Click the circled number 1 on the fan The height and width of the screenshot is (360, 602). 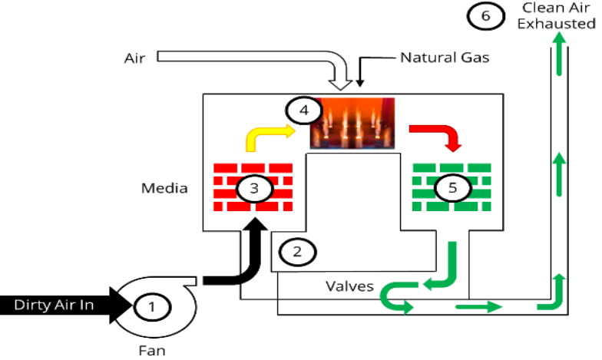(151, 307)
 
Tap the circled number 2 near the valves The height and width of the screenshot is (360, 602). (292, 250)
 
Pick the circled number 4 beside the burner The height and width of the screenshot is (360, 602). (303, 111)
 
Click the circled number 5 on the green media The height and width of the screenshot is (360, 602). (451, 187)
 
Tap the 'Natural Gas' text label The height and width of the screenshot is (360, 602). (444, 58)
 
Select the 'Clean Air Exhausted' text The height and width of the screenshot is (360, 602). (556, 15)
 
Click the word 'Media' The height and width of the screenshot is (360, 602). (164, 188)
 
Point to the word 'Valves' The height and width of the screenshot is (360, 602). (349, 286)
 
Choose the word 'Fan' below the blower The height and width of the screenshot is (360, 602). (152, 351)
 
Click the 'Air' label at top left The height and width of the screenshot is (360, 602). (134, 58)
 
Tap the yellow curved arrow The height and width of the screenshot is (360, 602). (269, 136)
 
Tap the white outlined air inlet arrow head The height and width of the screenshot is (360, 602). (341, 78)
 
